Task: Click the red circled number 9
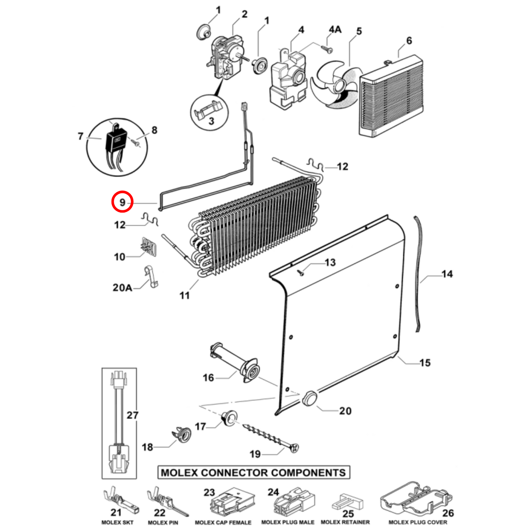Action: click(122, 202)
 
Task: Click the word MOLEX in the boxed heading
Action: click(180, 473)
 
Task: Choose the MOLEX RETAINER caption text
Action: click(345, 522)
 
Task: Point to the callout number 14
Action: click(447, 274)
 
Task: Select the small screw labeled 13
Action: click(301, 272)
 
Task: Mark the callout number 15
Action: click(425, 363)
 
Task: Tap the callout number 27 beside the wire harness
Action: click(132, 415)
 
